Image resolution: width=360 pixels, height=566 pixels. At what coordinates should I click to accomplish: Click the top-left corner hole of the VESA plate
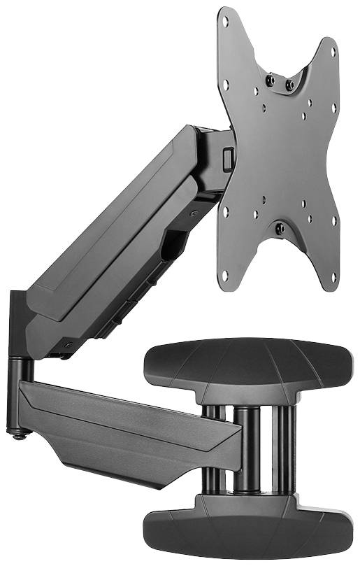point(224,20)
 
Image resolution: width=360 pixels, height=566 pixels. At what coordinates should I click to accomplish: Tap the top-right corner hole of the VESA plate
point(333,52)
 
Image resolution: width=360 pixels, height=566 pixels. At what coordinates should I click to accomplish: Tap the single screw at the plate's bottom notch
point(280,229)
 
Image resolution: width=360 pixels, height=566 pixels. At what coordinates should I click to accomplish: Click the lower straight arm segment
point(126,427)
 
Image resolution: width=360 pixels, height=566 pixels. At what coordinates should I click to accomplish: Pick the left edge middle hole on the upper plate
point(226,85)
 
